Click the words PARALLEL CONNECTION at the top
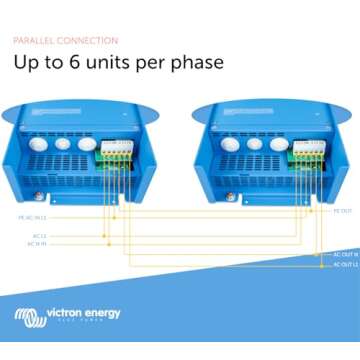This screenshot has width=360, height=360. [x=65, y=40]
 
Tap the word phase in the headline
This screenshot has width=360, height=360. [x=196, y=63]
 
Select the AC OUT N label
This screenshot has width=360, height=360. [x=344, y=254]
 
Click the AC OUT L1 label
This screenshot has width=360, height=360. [x=344, y=265]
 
